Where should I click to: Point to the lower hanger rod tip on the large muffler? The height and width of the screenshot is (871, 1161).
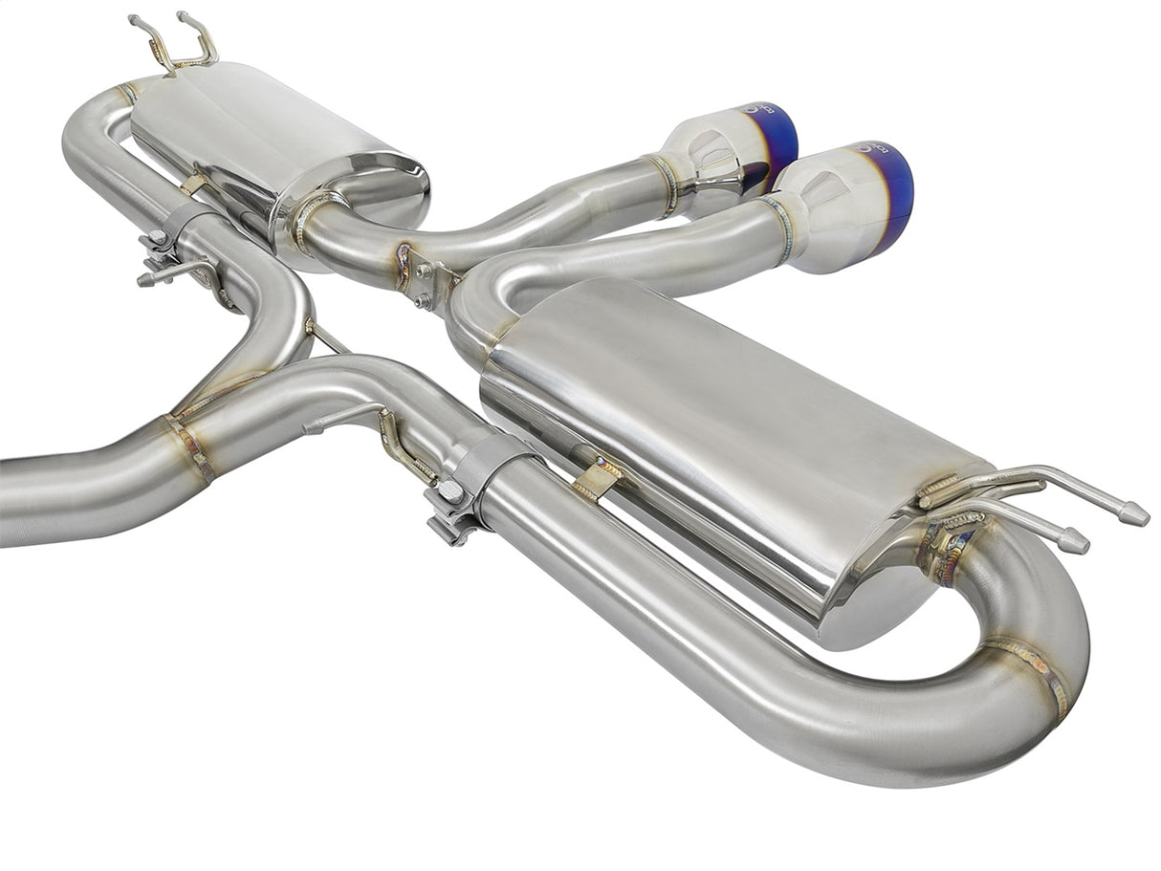coord(1076,542)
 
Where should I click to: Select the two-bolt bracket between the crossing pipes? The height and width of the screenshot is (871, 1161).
coord(426,282)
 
